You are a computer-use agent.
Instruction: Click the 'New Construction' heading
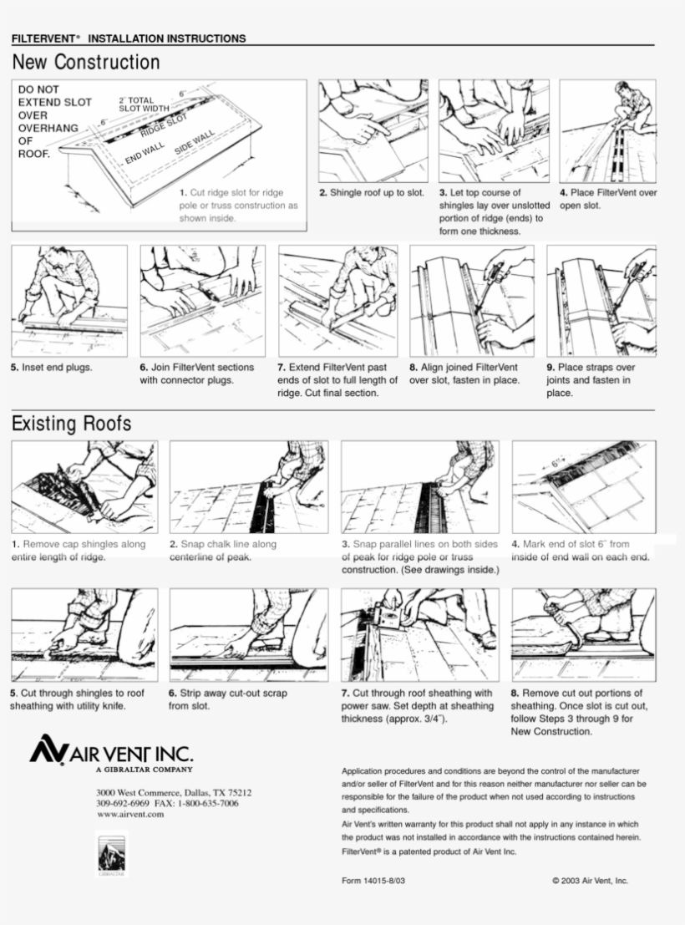pyautogui.click(x=86, y=62)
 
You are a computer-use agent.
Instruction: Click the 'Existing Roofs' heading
pyautogui.click(x=71, y=423)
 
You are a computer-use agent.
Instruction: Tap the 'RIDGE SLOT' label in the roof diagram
pyautogui.click(x=164, y=125)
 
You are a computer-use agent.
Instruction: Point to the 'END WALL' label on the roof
pyautogui.click(x=145, y=154)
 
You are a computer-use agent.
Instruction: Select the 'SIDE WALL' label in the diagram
pyautogui.click(x=195, y=143)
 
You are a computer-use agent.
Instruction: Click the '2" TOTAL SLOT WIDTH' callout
pyautogui.click(x=144, y=104)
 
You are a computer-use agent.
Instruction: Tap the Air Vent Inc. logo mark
pyautogui.click(x=48, y=750)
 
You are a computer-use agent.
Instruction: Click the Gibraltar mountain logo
pyautogui.click(x=111, y=854)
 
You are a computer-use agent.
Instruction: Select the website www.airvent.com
pyautogui.click(x=130, y=815)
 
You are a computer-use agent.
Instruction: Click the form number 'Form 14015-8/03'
pyautogui.click(x=373, y=881)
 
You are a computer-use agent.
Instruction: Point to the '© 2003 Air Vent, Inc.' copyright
pyautogui.click(x=590, y=881)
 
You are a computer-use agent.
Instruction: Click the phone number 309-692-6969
pyautogui.click(x=123, y=804)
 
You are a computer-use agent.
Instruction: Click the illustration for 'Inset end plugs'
pyautogui.click(x=69, y=301)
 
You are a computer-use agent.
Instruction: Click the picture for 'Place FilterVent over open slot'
pyautogui.click(x=607, y=131)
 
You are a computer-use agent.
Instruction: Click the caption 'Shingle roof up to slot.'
pyautogui.click(x=372, y=193)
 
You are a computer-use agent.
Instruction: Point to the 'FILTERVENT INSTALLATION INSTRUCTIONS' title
pyautogui.click(x=129, y=38)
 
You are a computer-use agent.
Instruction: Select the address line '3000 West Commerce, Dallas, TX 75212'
pyautogui.click(x=174, y=792)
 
